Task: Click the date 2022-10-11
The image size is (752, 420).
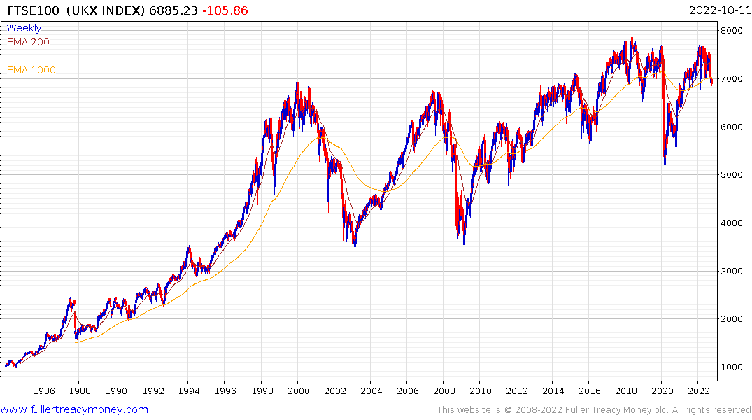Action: click(718, 10)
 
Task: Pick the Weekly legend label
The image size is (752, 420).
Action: click(24, 29)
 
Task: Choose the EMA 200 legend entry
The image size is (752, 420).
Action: click(28, 42)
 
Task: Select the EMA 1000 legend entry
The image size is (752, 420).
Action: click(31, 70)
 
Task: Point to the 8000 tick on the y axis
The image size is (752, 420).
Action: click(733, 31)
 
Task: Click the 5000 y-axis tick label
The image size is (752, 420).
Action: click(733, 175)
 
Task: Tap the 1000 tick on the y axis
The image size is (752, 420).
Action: click(733, 367)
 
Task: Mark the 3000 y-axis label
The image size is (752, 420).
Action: click(733, 272)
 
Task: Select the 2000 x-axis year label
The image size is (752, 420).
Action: click(298, 391)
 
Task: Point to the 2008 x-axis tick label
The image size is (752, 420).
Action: click(444, 391)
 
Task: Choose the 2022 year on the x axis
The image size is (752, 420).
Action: click(698, 391)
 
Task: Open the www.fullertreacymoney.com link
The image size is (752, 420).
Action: click(74, 409)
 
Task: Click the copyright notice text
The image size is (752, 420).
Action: click(594, 409)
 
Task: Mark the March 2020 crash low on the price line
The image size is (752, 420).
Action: click(665, 179)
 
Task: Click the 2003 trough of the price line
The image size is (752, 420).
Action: click(354, 257)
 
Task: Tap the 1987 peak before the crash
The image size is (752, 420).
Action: click(71, 298)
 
